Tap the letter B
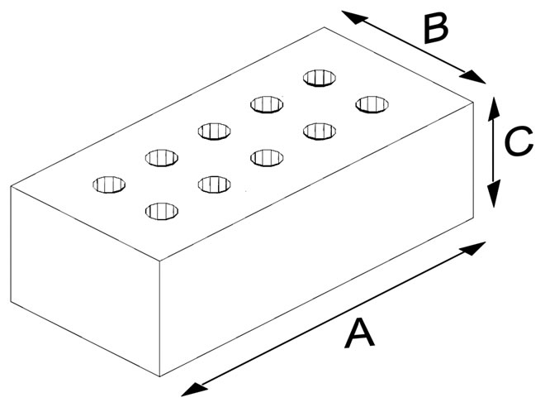[x=434, y=29]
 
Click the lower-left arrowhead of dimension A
[x=188, y=389]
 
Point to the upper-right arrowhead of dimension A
[x=480, y=246]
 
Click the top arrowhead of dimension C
[x=493, y=103]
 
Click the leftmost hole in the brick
[x=110, y=184]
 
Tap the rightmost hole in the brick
[x=372, y=104]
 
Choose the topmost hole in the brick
[x=320, y=78]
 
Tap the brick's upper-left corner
[x=12, y=186]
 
